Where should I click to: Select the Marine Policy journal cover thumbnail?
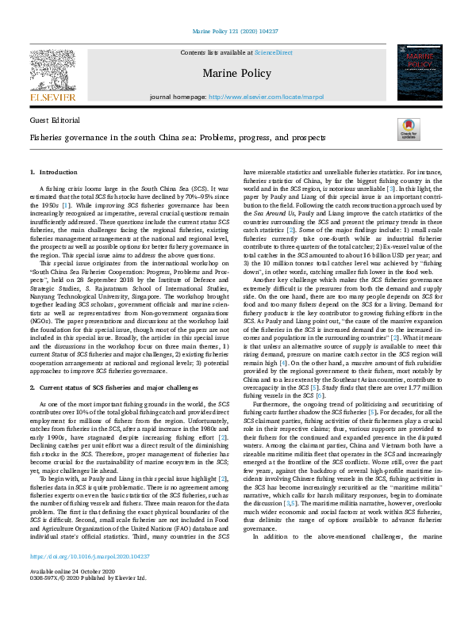(x=418, y=73)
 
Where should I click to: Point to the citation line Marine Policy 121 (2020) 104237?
(x=236, y=32)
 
